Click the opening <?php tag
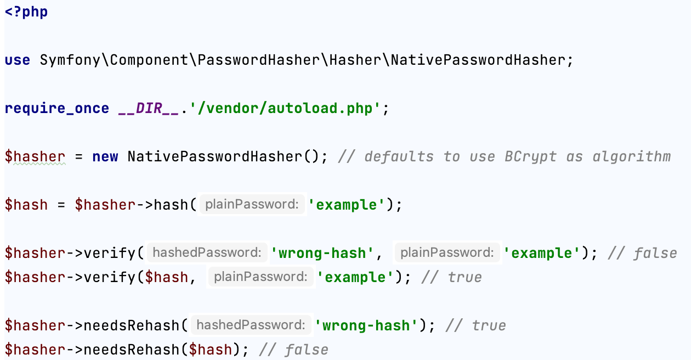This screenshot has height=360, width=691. point(26,12)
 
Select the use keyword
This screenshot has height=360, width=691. point(18,60)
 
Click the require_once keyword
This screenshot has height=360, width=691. point(57,109)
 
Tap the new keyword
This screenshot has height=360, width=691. point(105,157)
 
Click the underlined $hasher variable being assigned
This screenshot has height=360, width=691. point(35,157)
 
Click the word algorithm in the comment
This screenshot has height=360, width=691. point(631,157)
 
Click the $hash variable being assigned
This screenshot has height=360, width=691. point(26,205)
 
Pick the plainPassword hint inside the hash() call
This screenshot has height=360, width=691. point(252,205)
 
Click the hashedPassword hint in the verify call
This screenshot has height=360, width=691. point(207,253)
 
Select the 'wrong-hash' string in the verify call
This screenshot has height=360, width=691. point(323,254)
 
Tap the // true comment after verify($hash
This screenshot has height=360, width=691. point(451,278)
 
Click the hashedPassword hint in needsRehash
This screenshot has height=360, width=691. point(251,325)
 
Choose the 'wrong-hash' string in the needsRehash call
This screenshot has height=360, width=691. point(367,326)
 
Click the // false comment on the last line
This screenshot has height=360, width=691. point(293,350)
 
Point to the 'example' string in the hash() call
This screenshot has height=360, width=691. point(347,205)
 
